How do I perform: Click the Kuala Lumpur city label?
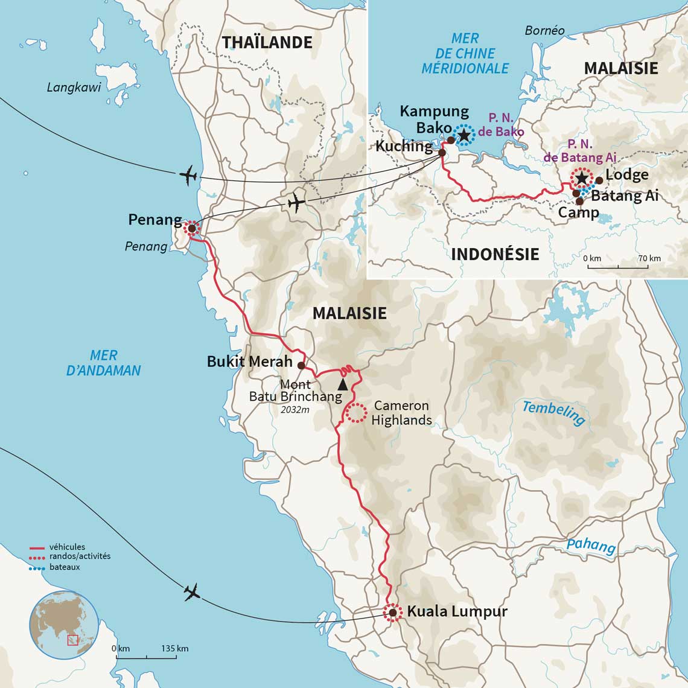457,611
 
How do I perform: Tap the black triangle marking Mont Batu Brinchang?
343,384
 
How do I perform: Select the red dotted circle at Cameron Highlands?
355,412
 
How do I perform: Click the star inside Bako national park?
463,135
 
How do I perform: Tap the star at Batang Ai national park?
581,178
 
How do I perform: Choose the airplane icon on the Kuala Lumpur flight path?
193,593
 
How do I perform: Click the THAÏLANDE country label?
267,42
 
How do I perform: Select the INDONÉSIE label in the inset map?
495,254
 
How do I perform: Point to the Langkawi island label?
74,88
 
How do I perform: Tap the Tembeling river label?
553,413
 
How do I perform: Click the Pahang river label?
590,546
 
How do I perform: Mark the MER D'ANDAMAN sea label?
104,363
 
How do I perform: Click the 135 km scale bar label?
175,648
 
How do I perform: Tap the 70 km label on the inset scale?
649,258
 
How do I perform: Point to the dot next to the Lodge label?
599,180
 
